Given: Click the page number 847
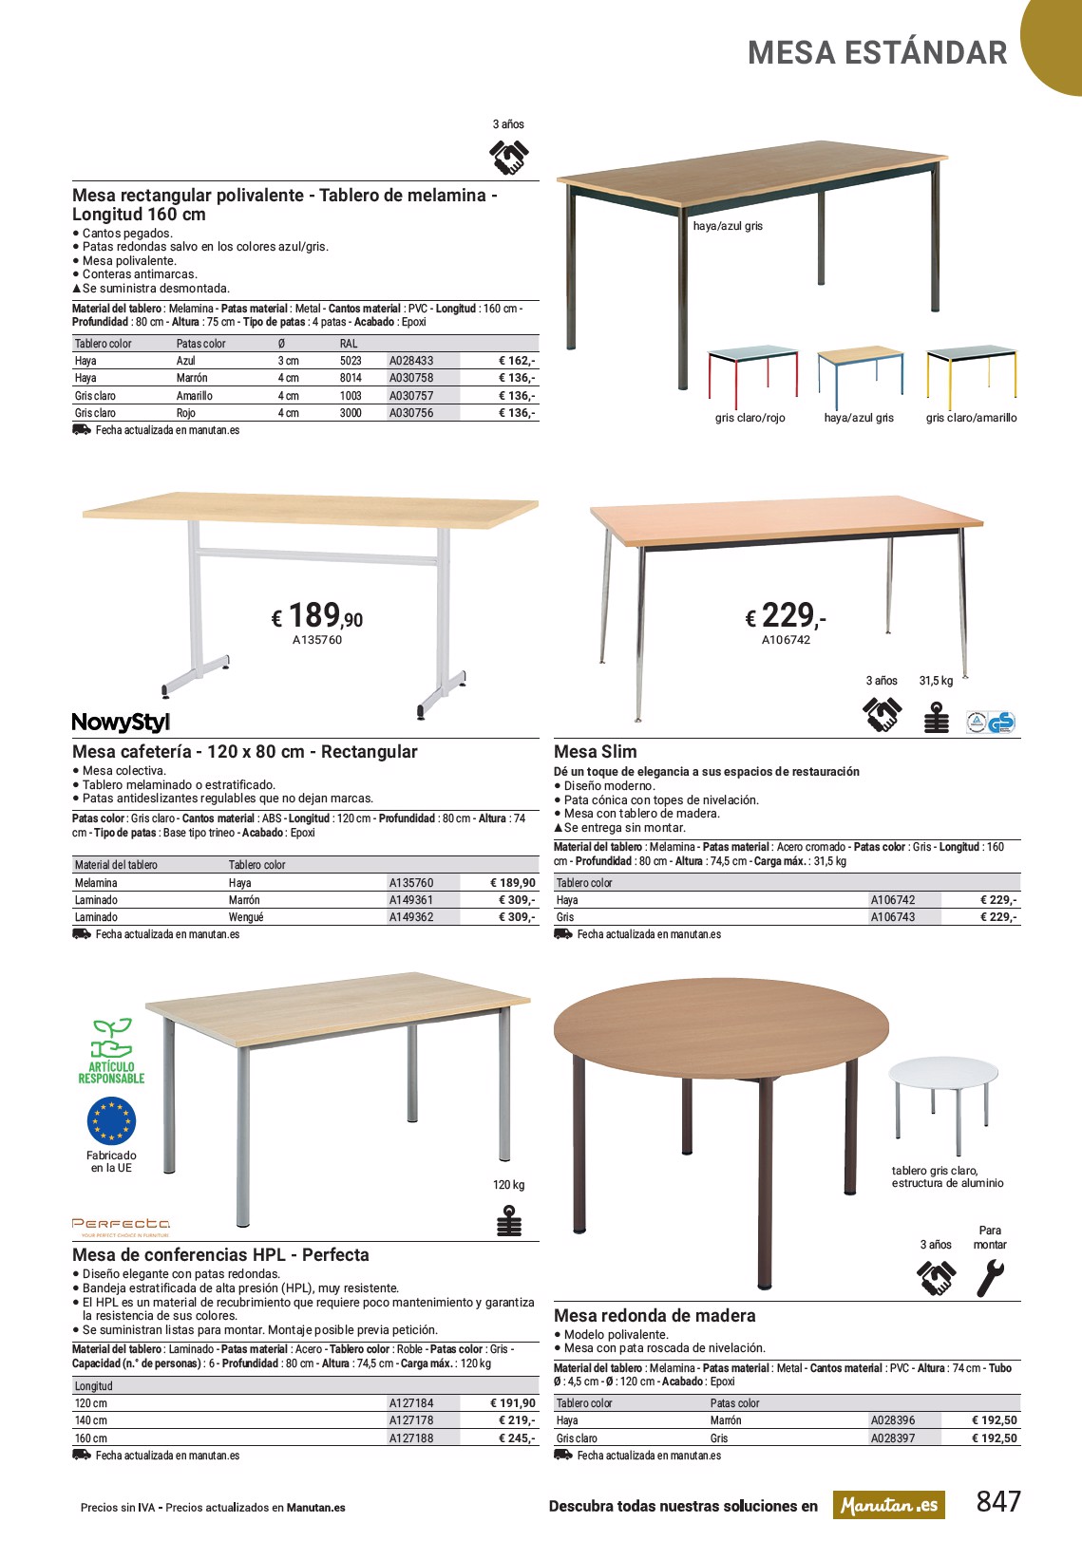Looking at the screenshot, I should click(x=998, y=1501).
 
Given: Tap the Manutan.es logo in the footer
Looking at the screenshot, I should click(x=889, y=1505).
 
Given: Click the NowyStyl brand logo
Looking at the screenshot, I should click(x=121, y=723).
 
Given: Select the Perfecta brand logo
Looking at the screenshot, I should click(x=121, y=1226).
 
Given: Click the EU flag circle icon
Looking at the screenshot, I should click(x=111, y=1121).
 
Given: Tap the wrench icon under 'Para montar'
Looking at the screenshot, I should click(x=989, y=1278).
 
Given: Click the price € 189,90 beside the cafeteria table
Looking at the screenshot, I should click(x=317, y=616).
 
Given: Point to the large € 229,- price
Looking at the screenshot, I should click(x=786, y=616).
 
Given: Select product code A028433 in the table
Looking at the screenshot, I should click(x=411, y=361).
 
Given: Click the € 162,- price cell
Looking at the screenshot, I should click(x=517, y=361).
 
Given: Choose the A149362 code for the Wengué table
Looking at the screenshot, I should click(x=411, y=917).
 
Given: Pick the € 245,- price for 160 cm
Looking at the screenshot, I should click(x=517, y=1438).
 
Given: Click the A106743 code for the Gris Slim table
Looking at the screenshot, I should click(x=893, y=917).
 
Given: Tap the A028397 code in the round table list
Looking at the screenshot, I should click(x=893, y=1438).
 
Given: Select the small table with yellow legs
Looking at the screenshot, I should click(x=971, y=373).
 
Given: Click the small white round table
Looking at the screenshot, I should click(x=943, y=1101).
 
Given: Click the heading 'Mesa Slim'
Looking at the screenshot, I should click(x=596, y=752).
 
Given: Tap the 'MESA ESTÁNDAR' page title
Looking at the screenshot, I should click(x=877, y=53).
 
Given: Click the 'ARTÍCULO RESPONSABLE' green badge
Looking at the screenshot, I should click(x=111, y=1052).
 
